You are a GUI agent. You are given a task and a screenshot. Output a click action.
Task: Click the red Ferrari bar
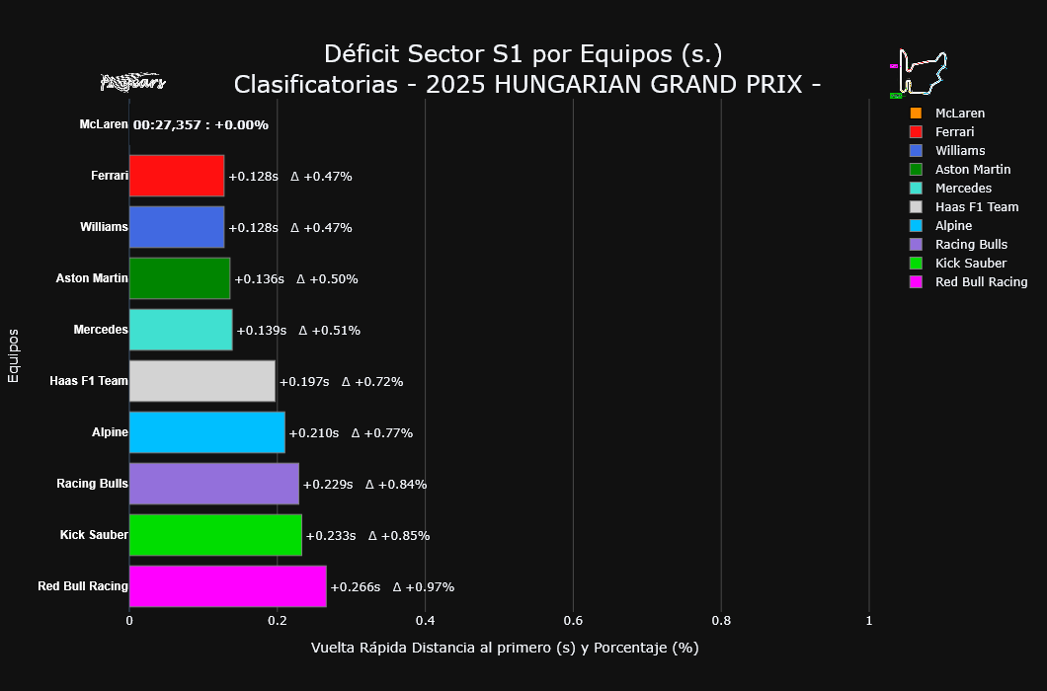tap(177, 176)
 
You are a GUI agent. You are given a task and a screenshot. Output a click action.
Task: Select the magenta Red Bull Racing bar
tap(227, 586)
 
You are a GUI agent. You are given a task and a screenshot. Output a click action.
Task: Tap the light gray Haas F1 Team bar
tap(201, 381)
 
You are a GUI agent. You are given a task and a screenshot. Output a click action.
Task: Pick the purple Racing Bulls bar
tap(213, 484)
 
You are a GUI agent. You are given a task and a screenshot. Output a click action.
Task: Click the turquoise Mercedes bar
tap(181, 330)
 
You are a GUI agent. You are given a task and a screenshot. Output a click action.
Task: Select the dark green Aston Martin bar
tap(180, 278)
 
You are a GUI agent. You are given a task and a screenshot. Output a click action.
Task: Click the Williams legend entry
tap(959, 151)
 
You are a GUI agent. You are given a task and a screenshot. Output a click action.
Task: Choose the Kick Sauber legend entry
tap(970, 264)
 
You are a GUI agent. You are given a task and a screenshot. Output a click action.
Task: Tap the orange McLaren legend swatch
tap(916, 114)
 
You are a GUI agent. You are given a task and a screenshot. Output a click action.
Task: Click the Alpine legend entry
tap(953, 226)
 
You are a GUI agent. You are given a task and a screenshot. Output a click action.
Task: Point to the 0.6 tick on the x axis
tap(573, 621)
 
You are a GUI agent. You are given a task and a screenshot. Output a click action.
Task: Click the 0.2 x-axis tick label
tap(277, 621)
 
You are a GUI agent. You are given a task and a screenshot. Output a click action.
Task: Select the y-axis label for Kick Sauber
tap(94, 535)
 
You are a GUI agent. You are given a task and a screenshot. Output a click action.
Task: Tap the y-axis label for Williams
tap(104, 227)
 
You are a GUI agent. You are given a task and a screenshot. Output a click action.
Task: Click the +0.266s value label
tap(355, 587)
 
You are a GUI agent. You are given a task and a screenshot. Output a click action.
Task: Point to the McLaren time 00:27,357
tap(167, 125)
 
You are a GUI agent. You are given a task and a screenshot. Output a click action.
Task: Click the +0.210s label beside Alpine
tap(313, 433)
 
